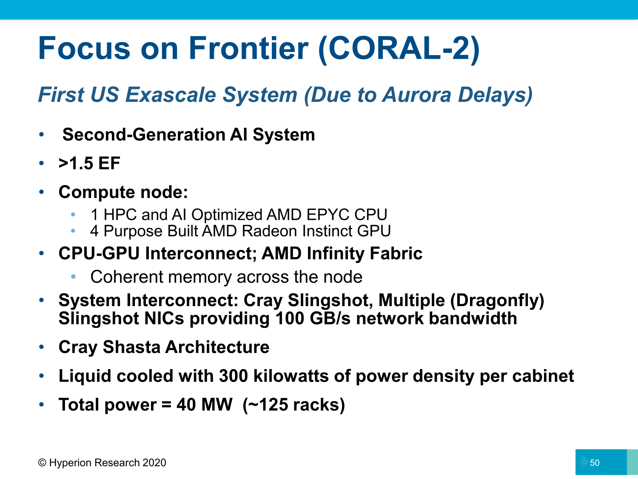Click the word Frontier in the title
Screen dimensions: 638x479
coord(248,48)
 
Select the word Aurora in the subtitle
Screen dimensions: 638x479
coord(416,95)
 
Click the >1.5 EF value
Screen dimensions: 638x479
coord(89,163)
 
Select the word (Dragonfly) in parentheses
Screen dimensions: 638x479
coord(497,301)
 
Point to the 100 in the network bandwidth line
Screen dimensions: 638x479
coord(290,318)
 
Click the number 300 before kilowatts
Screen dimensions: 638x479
coord(234,376)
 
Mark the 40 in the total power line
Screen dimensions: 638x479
coord(186,404)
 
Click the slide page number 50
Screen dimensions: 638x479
coord(595,463)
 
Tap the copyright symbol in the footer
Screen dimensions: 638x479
coord(42,462)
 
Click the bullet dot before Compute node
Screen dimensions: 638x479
coord(42,192)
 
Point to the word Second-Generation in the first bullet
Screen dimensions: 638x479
coord(144,135)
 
